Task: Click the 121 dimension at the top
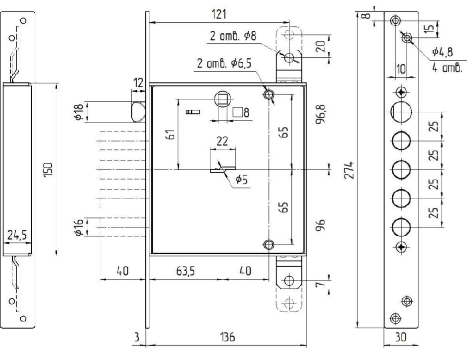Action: pyautogui.click(x=219, y=14)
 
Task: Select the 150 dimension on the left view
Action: pyautogui.click(x=48, y=170)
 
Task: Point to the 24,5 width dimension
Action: pyautogui.click(x=17, y=235)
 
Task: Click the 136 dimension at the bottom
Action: pyautogui.click(x=227, y=337)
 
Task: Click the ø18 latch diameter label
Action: pyautogui.click(x=79, y=112)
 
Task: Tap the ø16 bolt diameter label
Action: pyautogui.click(x=79, y=227)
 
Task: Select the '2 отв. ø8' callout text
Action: pyautogui.click(x=233, y=36)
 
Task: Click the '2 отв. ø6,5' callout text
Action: pyautogui.click(x=224, y=63)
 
